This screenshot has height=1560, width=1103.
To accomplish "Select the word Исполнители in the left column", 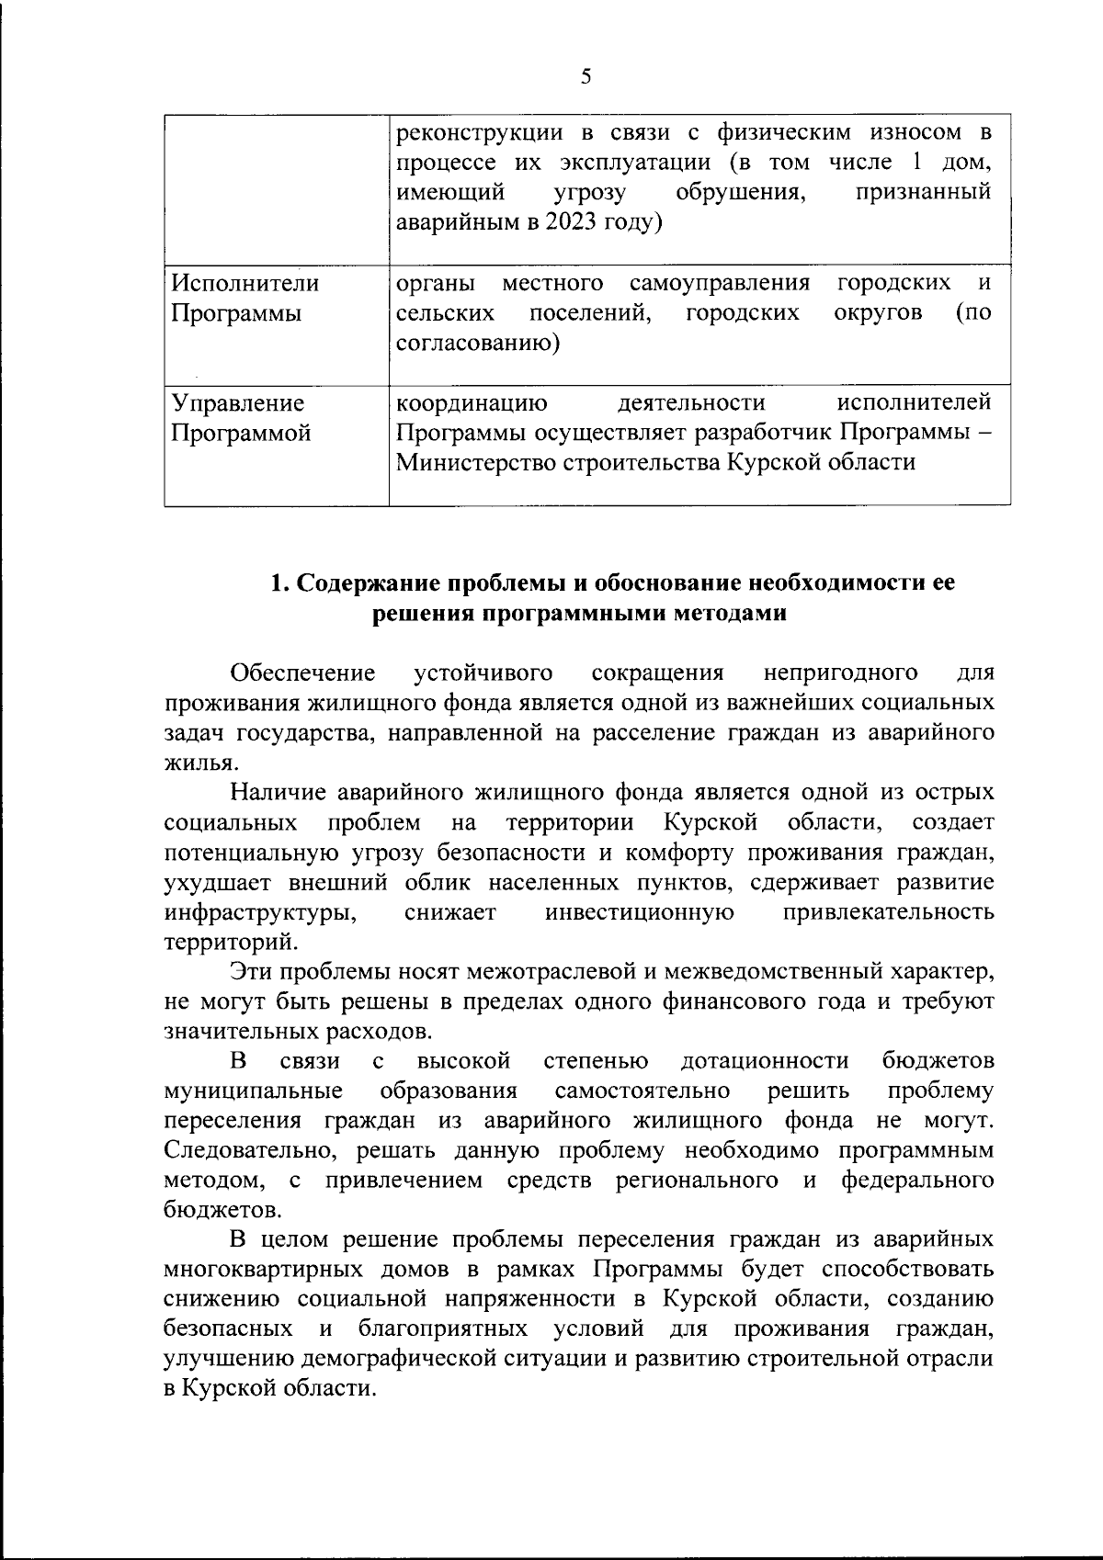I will click(246, 283).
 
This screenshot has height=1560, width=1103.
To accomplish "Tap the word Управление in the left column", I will click(239, 402).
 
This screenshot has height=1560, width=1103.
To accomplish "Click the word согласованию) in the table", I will click(479, 344).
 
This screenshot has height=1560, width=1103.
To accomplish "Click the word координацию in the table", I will click(472, 402).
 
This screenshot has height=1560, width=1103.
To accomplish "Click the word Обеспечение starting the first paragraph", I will click(303, 673).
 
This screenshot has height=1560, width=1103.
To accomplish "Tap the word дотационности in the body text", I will click(765, 1061).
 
